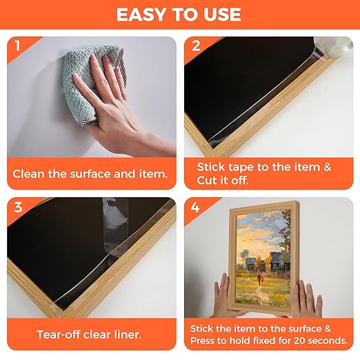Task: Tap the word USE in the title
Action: point(222,14)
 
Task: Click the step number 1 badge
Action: point(17,46)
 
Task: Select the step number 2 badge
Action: point(196,46)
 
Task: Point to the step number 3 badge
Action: point(18,207)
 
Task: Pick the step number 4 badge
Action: point(195,208)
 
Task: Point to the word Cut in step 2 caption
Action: point(207,181)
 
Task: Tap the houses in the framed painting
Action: point(267,262)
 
